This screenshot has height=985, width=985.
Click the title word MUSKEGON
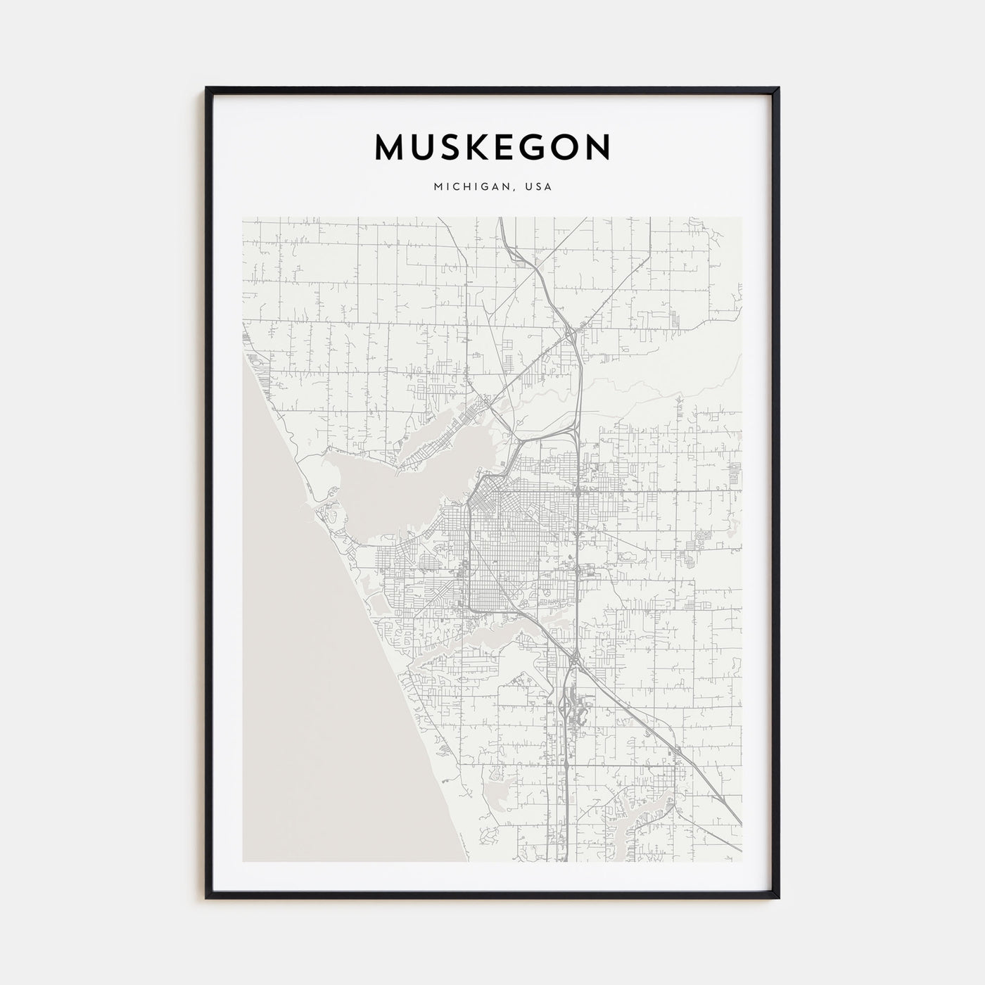493,148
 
